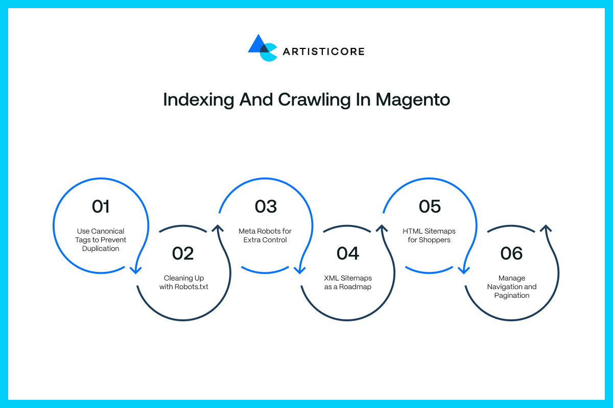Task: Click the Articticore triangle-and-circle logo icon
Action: [x=263, y=48]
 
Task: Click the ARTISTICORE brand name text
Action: [x=323, y=52]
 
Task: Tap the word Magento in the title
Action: [x=413, y=100]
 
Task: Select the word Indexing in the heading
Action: [x=199, y=100]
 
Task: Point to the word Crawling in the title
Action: [x=315, y=100]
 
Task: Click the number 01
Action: [x=101, y=207]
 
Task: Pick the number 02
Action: [x=183, y=253]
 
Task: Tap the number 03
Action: [x=266, y=207]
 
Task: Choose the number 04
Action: [x=347, y=253]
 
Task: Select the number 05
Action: [x=430, y=207]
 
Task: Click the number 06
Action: [x=511, y=253]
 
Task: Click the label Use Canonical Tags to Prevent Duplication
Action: [x=101, y=240]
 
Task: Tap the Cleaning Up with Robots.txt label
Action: [x=183, y=283]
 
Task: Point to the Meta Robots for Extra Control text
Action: [x=265, y=235]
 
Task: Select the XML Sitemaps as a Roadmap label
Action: [x=348, y=283]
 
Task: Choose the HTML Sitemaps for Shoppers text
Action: [x=429, y=235]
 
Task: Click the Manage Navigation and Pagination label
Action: [x=512, y=287]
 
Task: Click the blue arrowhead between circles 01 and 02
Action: [x=135, y=270]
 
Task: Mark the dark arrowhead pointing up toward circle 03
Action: [x=218, y=228]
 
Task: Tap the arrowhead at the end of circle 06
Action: [x=546, y=228]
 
